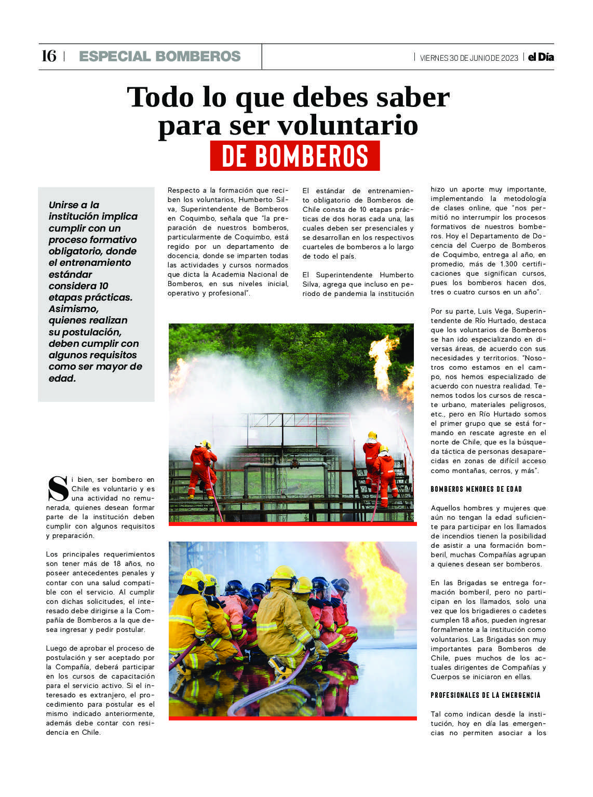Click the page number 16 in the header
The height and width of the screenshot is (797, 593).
tap(48, 56)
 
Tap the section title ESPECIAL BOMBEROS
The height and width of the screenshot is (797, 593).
tap(160, 57)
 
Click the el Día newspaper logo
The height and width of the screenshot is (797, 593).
tap(541, 57)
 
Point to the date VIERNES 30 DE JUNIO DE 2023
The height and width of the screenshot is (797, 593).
tap(468, 58)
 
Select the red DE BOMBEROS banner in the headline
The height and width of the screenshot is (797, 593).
tap(295, 156)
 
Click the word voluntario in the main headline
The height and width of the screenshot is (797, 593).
tap(347, 125)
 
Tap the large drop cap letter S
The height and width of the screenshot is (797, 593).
tap(58, 488)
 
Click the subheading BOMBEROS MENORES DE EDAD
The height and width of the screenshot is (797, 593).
tap(476, 489)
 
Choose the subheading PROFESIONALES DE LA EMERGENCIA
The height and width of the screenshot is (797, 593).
tap(486, 695)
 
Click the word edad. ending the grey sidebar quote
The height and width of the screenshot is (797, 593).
tap(62, 379)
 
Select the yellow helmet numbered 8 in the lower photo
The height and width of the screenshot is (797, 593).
tap(193, 579)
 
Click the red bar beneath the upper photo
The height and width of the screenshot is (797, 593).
tap(292, 524)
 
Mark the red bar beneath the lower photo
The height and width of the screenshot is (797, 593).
tap(292, 718)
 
